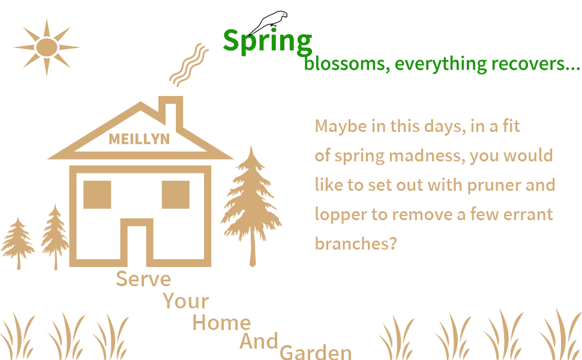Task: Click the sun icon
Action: coord(47,47)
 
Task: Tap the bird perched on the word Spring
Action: coord(269,22)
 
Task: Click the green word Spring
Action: coord(267,41)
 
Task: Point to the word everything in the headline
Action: coord(440,64)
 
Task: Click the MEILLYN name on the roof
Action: coord(139,139)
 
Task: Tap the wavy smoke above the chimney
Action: coord(189,65)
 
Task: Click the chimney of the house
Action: coord(171,112)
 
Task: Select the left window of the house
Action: coord(97,194)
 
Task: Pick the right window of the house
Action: coord(176,194)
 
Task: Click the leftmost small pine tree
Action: coord(18,243)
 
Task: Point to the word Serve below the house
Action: coord(143,279)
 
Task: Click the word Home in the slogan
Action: coord(221,323)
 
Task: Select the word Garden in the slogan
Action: coord(316,352)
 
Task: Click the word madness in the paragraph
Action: coord(427,155)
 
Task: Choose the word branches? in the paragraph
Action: coord(356,244)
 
